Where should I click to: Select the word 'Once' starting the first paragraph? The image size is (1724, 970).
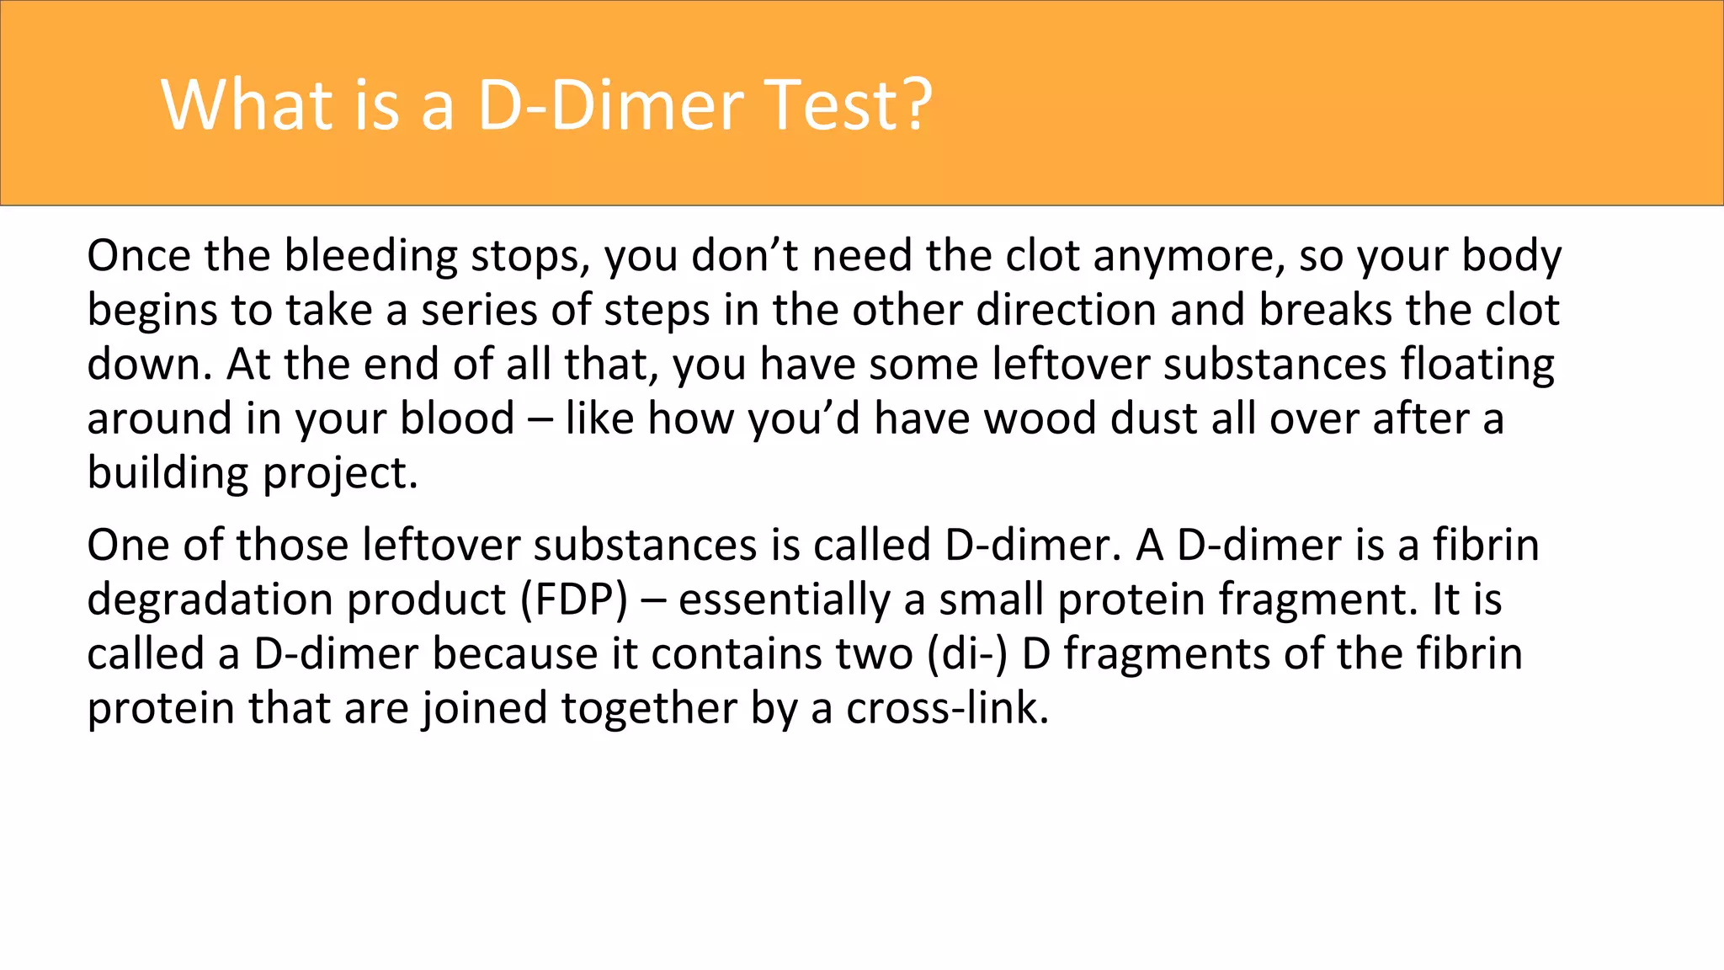[138, 256]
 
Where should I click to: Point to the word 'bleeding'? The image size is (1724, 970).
[370, 256]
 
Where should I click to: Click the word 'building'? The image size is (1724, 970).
[168, 474]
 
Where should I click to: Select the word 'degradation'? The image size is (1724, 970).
[210, 600]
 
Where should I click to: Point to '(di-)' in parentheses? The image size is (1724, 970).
[967, 654]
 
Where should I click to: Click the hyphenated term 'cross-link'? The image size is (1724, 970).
[947, 708]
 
